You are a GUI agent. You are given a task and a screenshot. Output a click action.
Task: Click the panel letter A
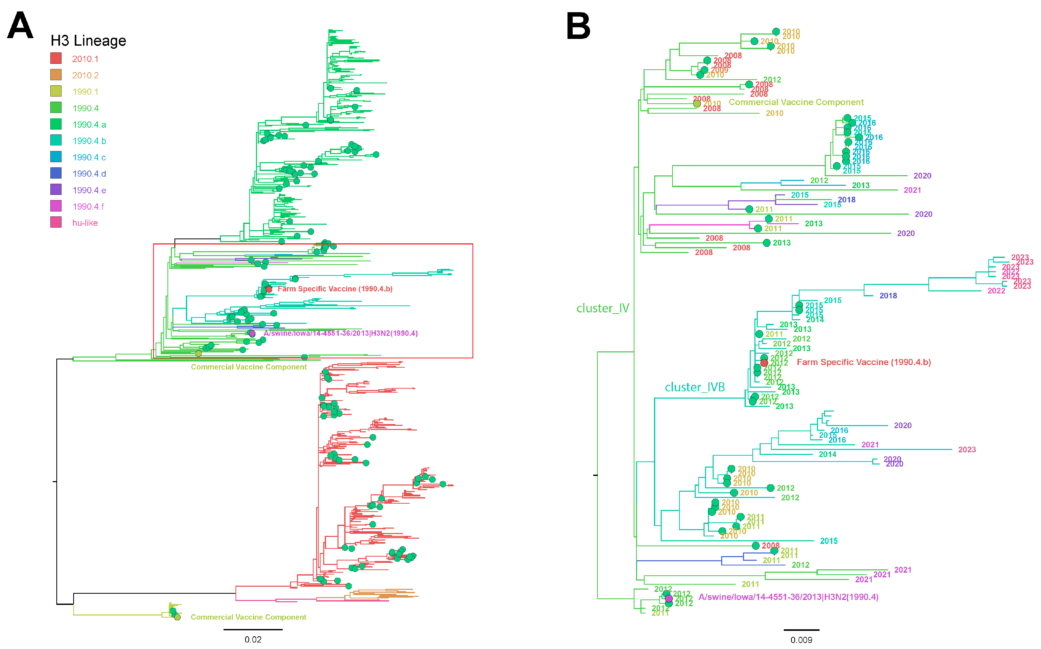point(20,25)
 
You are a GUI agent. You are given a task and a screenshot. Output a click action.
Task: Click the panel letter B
point(578,25)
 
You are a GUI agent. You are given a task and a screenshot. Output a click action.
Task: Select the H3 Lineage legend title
point(89,41)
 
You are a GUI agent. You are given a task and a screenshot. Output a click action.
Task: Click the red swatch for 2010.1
point(56,58)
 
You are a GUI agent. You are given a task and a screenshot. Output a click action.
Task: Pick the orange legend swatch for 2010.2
point(56,75)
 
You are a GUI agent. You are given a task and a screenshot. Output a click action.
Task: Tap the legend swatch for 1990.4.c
point(56,157)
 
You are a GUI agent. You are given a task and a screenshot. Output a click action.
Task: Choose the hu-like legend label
point(85,223)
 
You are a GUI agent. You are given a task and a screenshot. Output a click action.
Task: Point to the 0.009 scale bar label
point(801,640)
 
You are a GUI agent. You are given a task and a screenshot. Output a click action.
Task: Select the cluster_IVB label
point(695,387)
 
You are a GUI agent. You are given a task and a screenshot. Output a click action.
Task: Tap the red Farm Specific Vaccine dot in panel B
point(764,363)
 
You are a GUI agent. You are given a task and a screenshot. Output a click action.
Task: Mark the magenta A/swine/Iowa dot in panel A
point(252,333)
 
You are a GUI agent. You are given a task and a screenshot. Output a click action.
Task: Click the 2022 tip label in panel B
point(996,291)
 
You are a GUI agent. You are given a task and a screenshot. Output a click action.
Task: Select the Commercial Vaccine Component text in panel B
point(796,102)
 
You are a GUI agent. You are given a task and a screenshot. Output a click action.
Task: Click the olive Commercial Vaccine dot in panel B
point(697,104)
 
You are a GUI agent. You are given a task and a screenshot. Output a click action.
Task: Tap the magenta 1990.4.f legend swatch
point(56,206)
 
